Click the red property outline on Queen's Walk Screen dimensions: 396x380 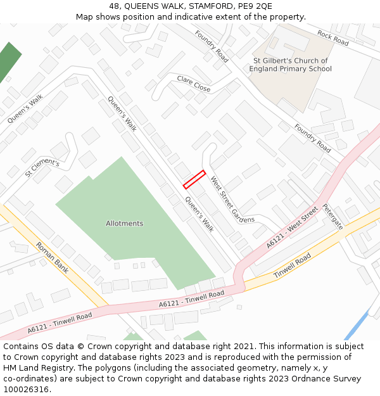click(194, 179)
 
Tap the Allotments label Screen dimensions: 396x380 click(124, 224)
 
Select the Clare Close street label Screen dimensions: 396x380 click(194, 84)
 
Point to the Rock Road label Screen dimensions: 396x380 click(333, 38)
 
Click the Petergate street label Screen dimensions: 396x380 click(332, 216)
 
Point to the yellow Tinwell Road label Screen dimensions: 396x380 click(292, 266)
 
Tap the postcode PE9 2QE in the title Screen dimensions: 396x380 click(258, 6)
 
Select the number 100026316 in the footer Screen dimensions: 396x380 click(27, 389)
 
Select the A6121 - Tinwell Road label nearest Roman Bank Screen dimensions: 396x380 click(60, 322)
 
